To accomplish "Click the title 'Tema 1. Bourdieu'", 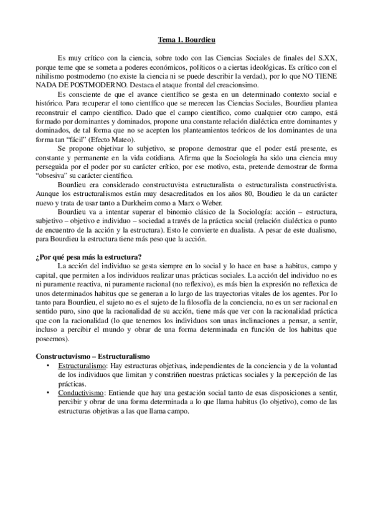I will pyautogui.click(x=186, y=39).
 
